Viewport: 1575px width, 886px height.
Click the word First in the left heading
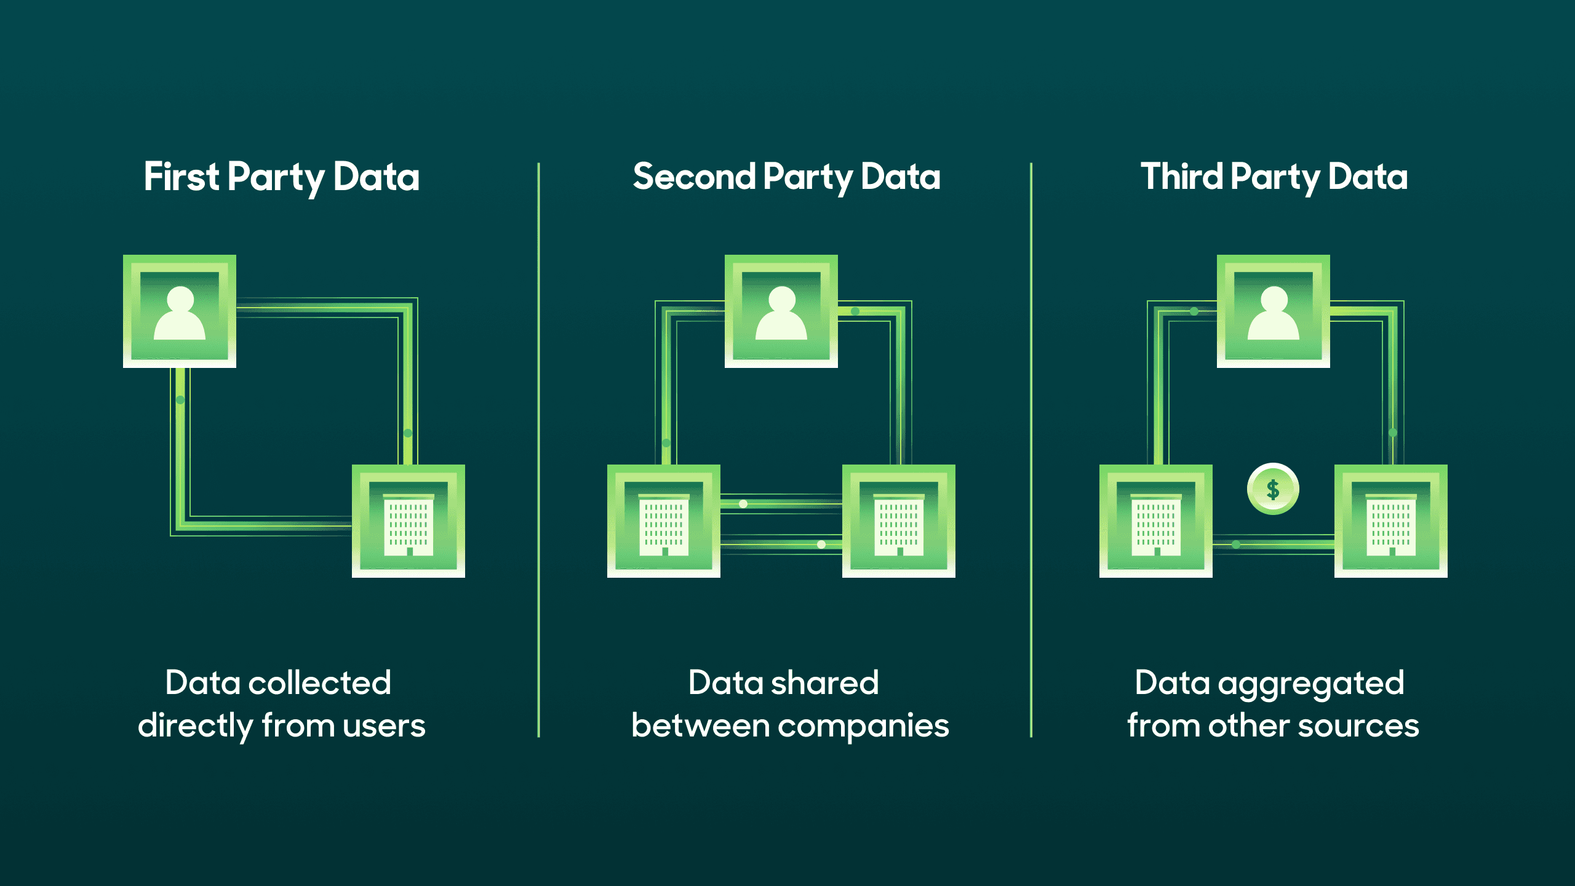pos(181,177)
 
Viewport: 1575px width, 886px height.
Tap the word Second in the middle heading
pos(693,177)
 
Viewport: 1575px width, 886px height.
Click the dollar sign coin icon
pos(1273,489)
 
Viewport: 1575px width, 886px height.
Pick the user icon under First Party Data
pos(180,311)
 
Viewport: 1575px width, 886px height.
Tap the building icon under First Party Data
pos(409,521)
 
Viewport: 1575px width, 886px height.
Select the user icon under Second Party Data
pos(781,311)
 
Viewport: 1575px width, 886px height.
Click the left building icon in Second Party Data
pos(664,521)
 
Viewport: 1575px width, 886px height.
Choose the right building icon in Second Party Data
pos(899,521)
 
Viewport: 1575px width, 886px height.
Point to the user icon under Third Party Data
pos(1274,311)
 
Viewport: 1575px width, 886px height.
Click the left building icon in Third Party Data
pos(1156,521)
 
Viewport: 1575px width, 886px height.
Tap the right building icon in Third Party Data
pos(1391,521)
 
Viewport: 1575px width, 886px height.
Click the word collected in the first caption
pos(320,683)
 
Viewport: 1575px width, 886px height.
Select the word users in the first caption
pos(384,726)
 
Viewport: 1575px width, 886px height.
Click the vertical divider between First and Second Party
pos(538,449)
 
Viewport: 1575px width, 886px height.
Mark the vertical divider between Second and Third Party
pos(1031,449)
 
